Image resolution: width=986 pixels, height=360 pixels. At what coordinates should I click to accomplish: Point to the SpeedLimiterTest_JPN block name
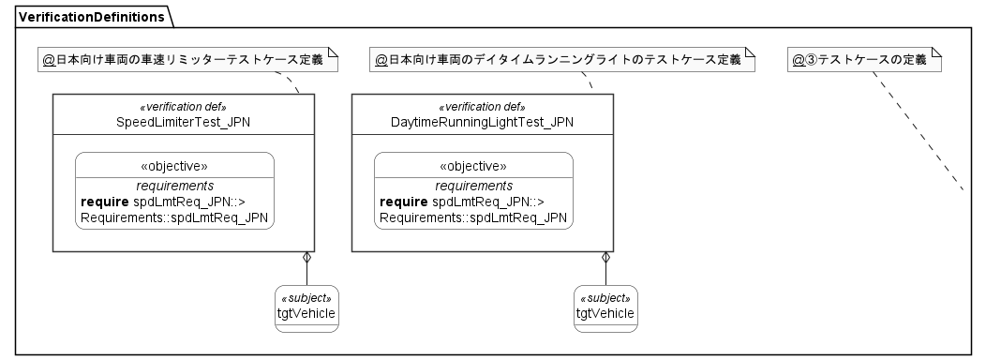click(x=183, y=122)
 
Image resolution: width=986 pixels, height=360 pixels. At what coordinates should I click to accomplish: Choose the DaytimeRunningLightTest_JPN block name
click(x=482, y=122)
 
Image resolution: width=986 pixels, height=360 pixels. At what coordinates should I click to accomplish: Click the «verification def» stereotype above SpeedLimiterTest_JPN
click(x=183, y=107)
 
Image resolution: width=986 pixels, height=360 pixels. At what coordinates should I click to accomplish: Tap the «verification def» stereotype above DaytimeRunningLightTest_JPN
click(x=482, y=107)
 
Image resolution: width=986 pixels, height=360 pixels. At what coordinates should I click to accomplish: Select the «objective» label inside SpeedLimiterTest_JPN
click(x=174, y=166)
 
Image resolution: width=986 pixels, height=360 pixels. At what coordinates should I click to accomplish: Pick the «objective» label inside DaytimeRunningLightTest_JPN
click(x=473, y=166)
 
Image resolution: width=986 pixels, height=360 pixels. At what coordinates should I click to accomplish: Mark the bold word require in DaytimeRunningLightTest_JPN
click(x=404, y=202)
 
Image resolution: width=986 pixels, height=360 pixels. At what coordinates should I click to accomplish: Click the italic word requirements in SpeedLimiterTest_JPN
click(x=174, y=186)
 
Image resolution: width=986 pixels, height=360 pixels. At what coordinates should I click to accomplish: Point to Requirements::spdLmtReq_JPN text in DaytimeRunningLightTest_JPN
click(x=472, y=217)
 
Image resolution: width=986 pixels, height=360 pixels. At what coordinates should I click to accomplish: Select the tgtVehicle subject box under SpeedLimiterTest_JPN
click(x=306, y=308)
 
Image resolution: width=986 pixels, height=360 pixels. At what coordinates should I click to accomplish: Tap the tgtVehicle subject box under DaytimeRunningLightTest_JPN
click(x=605, y=308)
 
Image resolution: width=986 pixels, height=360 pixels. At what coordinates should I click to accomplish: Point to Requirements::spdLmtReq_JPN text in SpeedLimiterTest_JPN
click(x=174, y=217)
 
